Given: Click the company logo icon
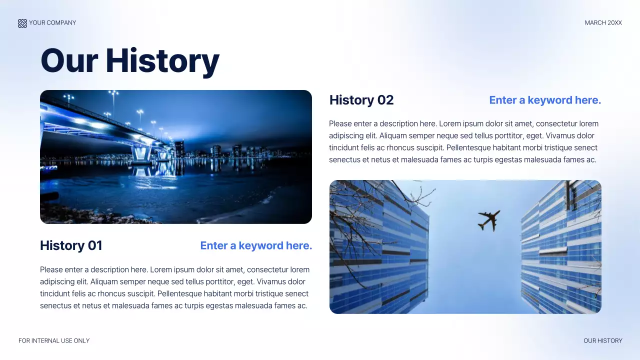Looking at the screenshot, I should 22,23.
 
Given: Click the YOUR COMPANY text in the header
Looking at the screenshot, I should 52,23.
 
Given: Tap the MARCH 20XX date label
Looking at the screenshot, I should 603,23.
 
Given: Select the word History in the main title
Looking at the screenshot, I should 162,61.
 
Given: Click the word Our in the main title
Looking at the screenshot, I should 69,61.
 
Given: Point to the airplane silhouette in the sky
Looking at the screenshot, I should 488,220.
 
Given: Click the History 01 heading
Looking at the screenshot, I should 71,245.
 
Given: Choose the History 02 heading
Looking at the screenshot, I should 361,100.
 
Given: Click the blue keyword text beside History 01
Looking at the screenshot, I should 256,245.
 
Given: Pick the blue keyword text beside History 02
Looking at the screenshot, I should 545,100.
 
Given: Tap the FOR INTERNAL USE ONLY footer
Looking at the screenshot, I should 54,341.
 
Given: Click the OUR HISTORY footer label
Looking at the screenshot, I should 602,341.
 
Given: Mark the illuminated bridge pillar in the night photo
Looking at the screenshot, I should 141,152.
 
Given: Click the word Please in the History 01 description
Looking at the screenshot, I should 51,270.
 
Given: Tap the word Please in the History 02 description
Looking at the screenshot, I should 340,124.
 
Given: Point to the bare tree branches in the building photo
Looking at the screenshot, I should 355,210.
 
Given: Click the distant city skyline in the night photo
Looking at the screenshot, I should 225,150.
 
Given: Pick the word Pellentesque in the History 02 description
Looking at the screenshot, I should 470,148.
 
